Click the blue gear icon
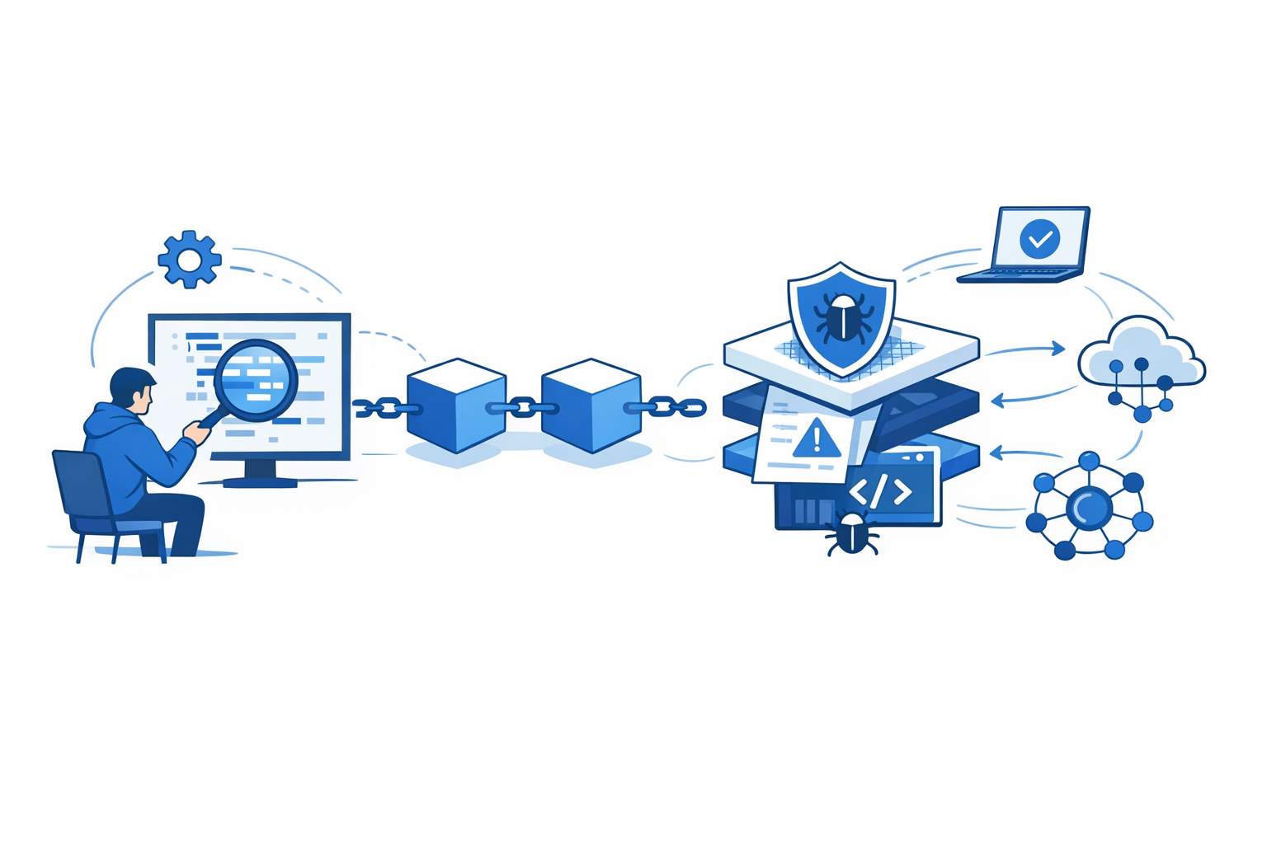tap(190, 260)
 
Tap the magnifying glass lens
tap(255, 379)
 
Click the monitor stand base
tap(260, 481)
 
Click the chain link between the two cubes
tap(523, 406)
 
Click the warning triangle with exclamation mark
tap(817, 438)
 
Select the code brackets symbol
tap(880, 491)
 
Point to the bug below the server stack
tap(850, 534)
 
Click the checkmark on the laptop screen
tap(1040, 239)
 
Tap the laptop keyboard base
tap(1020, 275)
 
